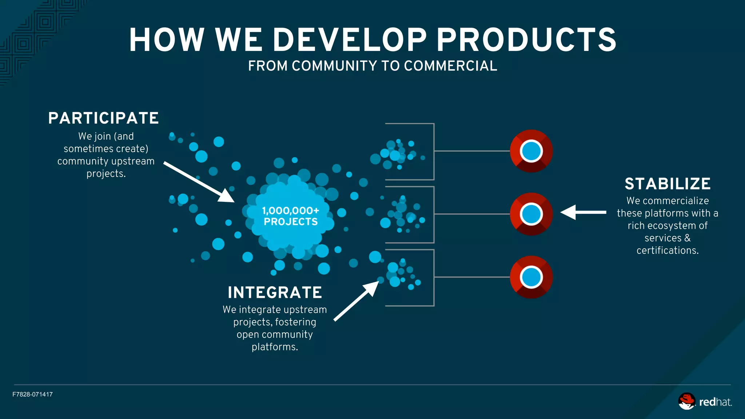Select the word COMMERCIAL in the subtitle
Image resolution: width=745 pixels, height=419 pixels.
pyautogui.click(x=450, y=66)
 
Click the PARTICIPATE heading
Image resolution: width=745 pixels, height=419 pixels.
pyautogui.click(x=104, y=118)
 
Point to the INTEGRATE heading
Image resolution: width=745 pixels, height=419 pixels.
pyautogui.click(x=275, y=292)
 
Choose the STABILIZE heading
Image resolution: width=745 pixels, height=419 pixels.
pyautogui.click(x=668, y=184)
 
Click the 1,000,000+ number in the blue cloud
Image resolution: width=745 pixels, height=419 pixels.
pyautogui.click(x=290, y=211)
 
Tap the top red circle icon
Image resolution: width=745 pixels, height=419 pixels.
pyautogui.click(x=531, y=151)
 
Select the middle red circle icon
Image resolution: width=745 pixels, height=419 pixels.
pyautogui.click(x=531, y=214)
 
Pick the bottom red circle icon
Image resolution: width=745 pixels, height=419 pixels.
pyautogui.click(x=531, y=277)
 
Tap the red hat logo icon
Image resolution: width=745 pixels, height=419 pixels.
pyautogui.click(x=686, y=401)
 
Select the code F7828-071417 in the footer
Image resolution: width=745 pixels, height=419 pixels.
pyautogui.click(x=32, y=394)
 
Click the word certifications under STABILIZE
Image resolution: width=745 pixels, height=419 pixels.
pyautogui.click(x=667, y=251)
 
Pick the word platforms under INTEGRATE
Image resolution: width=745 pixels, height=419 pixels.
pyautogui.click(x=274, y=347)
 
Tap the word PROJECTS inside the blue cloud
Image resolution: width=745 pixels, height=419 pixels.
pyautogui.click(x=291, y=222)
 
